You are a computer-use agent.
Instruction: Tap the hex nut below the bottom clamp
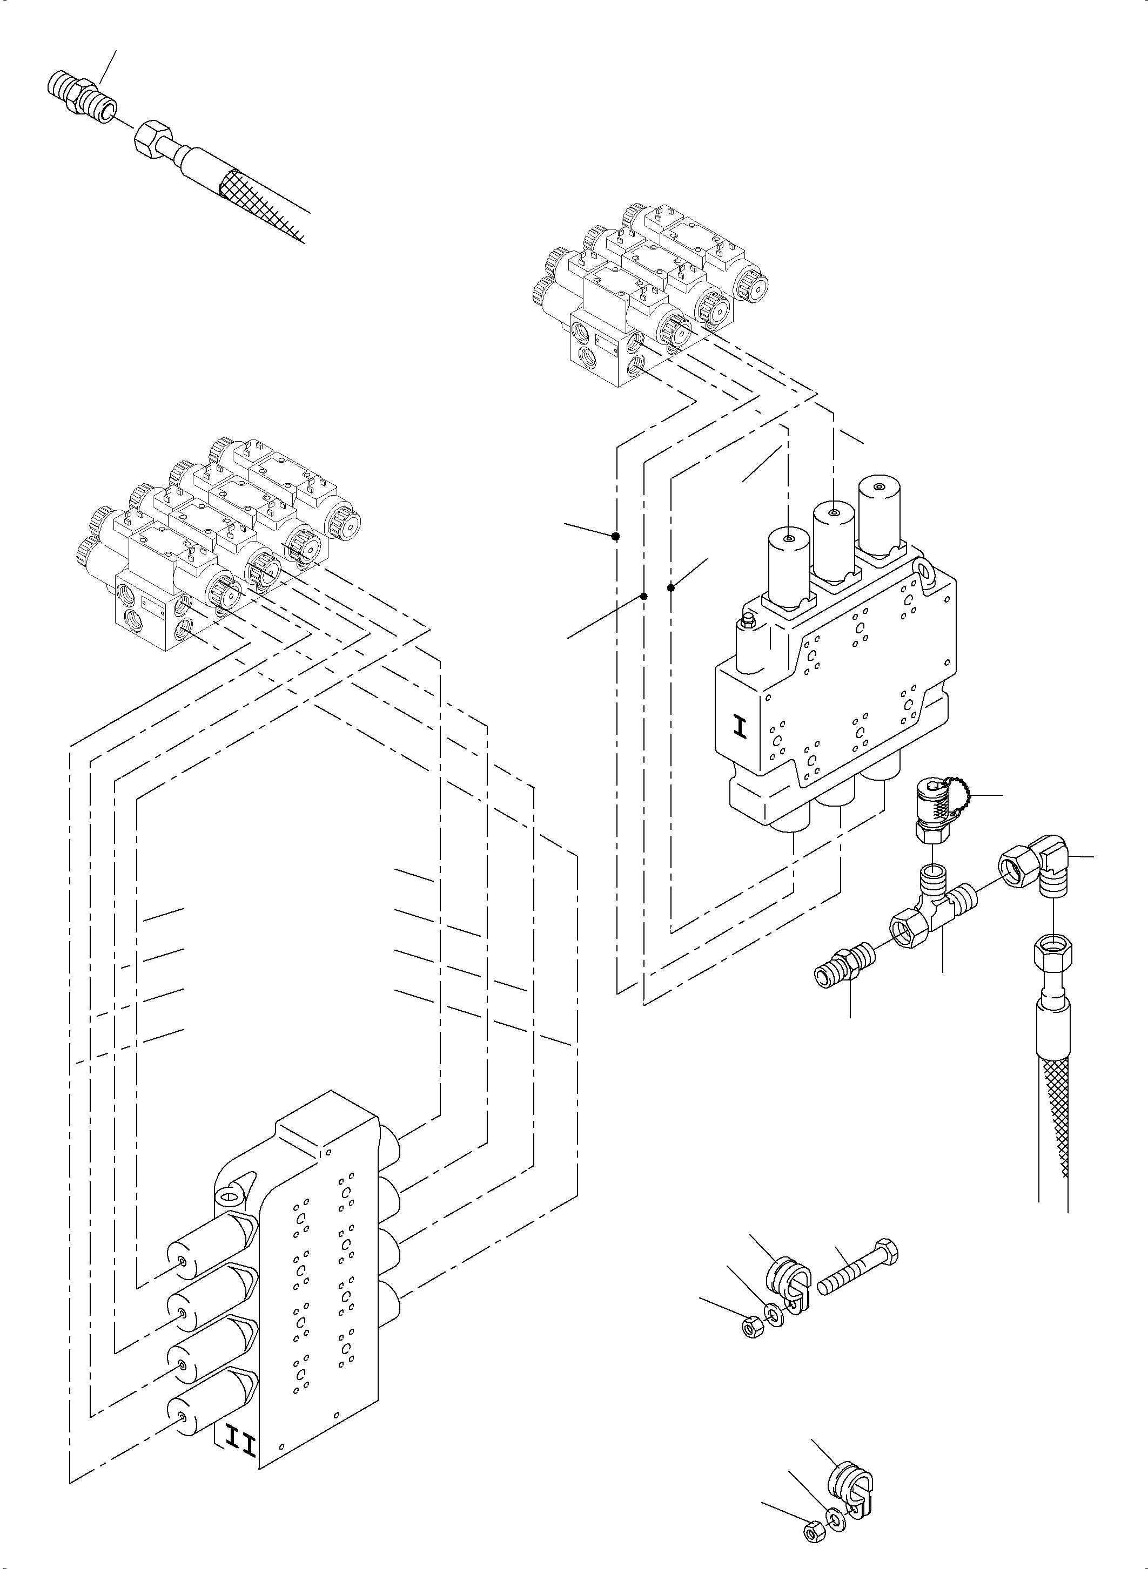811,1528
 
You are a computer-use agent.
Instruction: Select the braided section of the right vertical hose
1053,1104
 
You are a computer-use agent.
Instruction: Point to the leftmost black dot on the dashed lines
616,536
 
